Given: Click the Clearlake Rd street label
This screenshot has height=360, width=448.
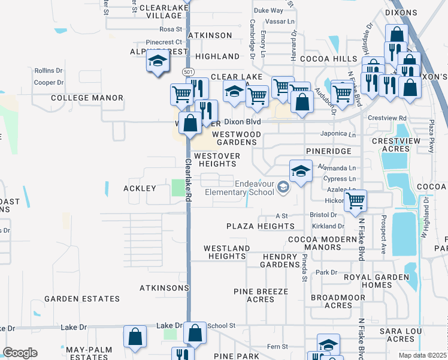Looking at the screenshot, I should (187, 180).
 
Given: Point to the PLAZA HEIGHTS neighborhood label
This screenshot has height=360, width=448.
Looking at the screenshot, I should (261, 226).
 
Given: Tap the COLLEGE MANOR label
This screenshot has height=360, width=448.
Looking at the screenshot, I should (87, 98).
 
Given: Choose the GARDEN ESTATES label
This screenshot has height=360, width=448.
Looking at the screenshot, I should (81, 299).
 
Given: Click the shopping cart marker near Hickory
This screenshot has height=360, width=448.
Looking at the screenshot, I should (356, 201).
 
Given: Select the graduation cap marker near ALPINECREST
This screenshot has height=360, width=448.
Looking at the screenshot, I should (158, 62).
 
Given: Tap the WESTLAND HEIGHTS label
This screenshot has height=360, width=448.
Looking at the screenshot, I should (227, 252).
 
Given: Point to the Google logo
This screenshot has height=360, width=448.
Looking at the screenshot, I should (20, 353).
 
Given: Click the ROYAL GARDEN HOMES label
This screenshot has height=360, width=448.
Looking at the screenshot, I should (376, 281).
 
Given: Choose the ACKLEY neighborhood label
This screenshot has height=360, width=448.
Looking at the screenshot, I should (140, 188).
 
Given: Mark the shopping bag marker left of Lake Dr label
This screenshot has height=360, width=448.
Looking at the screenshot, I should (135, 337).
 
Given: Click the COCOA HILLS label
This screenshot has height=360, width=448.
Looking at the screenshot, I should (328, 59).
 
